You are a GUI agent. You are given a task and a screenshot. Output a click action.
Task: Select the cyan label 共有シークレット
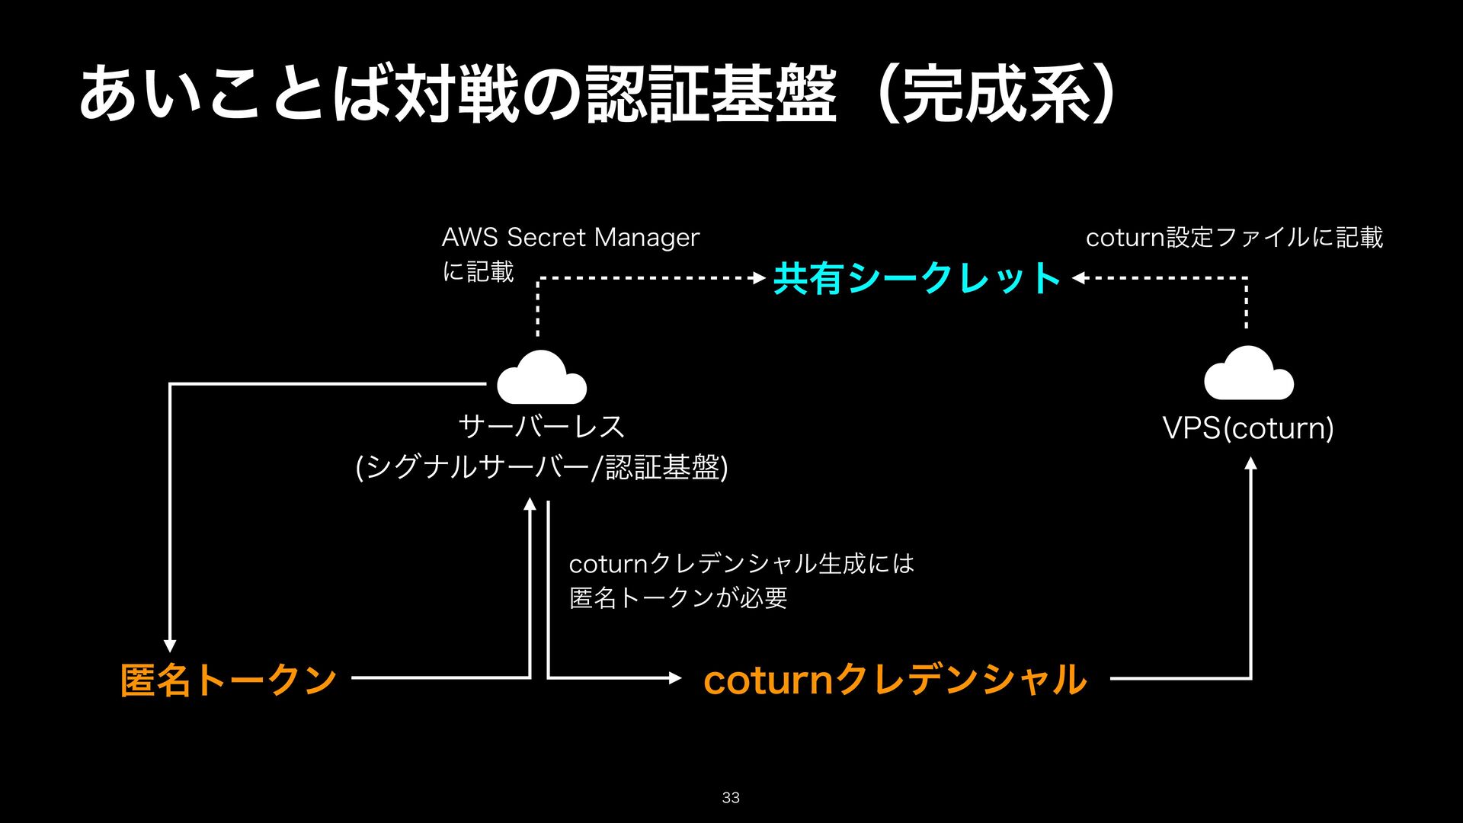click(x=917, y=278)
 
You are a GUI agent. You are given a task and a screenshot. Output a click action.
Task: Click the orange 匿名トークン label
click(x=229, y=679)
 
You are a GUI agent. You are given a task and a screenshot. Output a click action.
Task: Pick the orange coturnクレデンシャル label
click(x=895, y=679)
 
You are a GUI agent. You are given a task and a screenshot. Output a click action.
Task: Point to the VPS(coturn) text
click(x=1248, y=428)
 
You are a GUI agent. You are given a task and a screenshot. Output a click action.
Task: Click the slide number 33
click(x=731, y=797)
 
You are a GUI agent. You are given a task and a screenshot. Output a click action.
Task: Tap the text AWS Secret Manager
click(x=570, y=238)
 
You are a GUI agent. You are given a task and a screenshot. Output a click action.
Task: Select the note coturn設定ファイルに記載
click(x=1234, y=238)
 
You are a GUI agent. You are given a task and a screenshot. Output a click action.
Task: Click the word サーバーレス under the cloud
click(x=542, y=427)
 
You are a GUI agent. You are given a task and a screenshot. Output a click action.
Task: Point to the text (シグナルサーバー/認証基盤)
click(x=542, y=467)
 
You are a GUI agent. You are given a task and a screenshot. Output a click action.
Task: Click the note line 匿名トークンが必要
click(x=678, y=597)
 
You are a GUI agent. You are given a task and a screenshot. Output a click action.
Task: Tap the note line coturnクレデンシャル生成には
click(x=741, y=564)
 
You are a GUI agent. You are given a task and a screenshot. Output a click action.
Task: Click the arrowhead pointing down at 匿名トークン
click(x=170, y=646)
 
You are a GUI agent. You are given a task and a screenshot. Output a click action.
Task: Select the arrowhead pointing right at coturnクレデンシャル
click(x=675, y=677)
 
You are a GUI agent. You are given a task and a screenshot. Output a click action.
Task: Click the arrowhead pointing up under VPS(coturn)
click(x=1250, y=463)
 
